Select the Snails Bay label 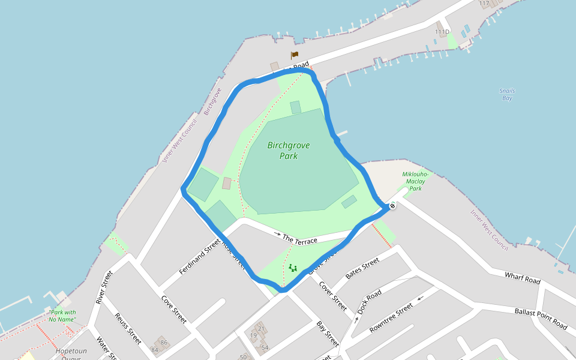click(x=507, y=94)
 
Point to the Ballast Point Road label click(x=541, y=319)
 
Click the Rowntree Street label click(x=391, y=319)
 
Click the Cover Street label click(x=332, y=296)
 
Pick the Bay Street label click(x=328, y=334)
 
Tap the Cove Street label click(x=174, y=309)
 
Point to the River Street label click(x=104, y=287)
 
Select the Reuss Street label click(x=128, y=329)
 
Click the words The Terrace click(x=299, y=239)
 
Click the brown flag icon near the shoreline click(x=295, y=55)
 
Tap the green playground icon click(x=293, y=268)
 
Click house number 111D click(x=442, y=32)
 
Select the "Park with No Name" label click(x=62, y=316)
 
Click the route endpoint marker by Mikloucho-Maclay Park click(x=392, y=206)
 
